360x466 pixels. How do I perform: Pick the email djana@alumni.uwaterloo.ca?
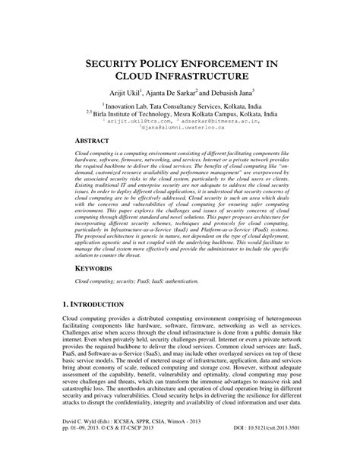pyautogui.click(x=181, y=128)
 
